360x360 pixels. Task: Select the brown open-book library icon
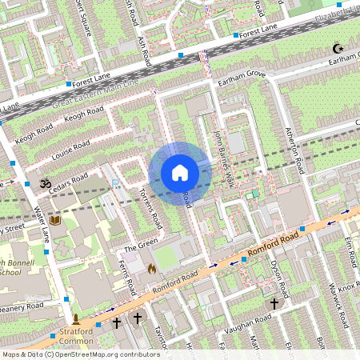click(x=55, y=220)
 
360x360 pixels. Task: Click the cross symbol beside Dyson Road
click(x=274, y=304)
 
